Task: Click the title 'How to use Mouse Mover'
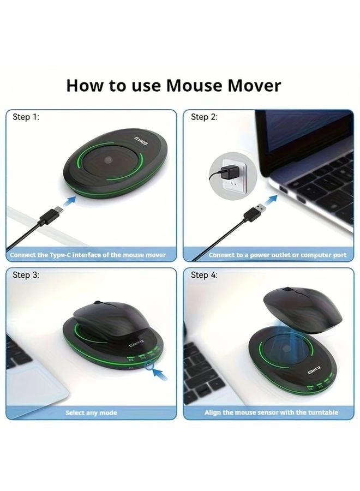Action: tap(173, 86)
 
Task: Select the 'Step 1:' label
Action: tap(26, 117)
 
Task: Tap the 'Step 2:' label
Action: tap(204, 117)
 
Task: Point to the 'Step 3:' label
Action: tap(26, 275)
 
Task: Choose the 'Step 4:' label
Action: tap(204, 275)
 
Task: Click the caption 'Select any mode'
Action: tap(91, 412)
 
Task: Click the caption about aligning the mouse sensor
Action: tap(271, 412)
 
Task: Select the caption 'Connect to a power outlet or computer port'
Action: tap(277, 255)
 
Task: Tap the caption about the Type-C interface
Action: tap(88, 255)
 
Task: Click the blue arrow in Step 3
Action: tap(159, 373)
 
